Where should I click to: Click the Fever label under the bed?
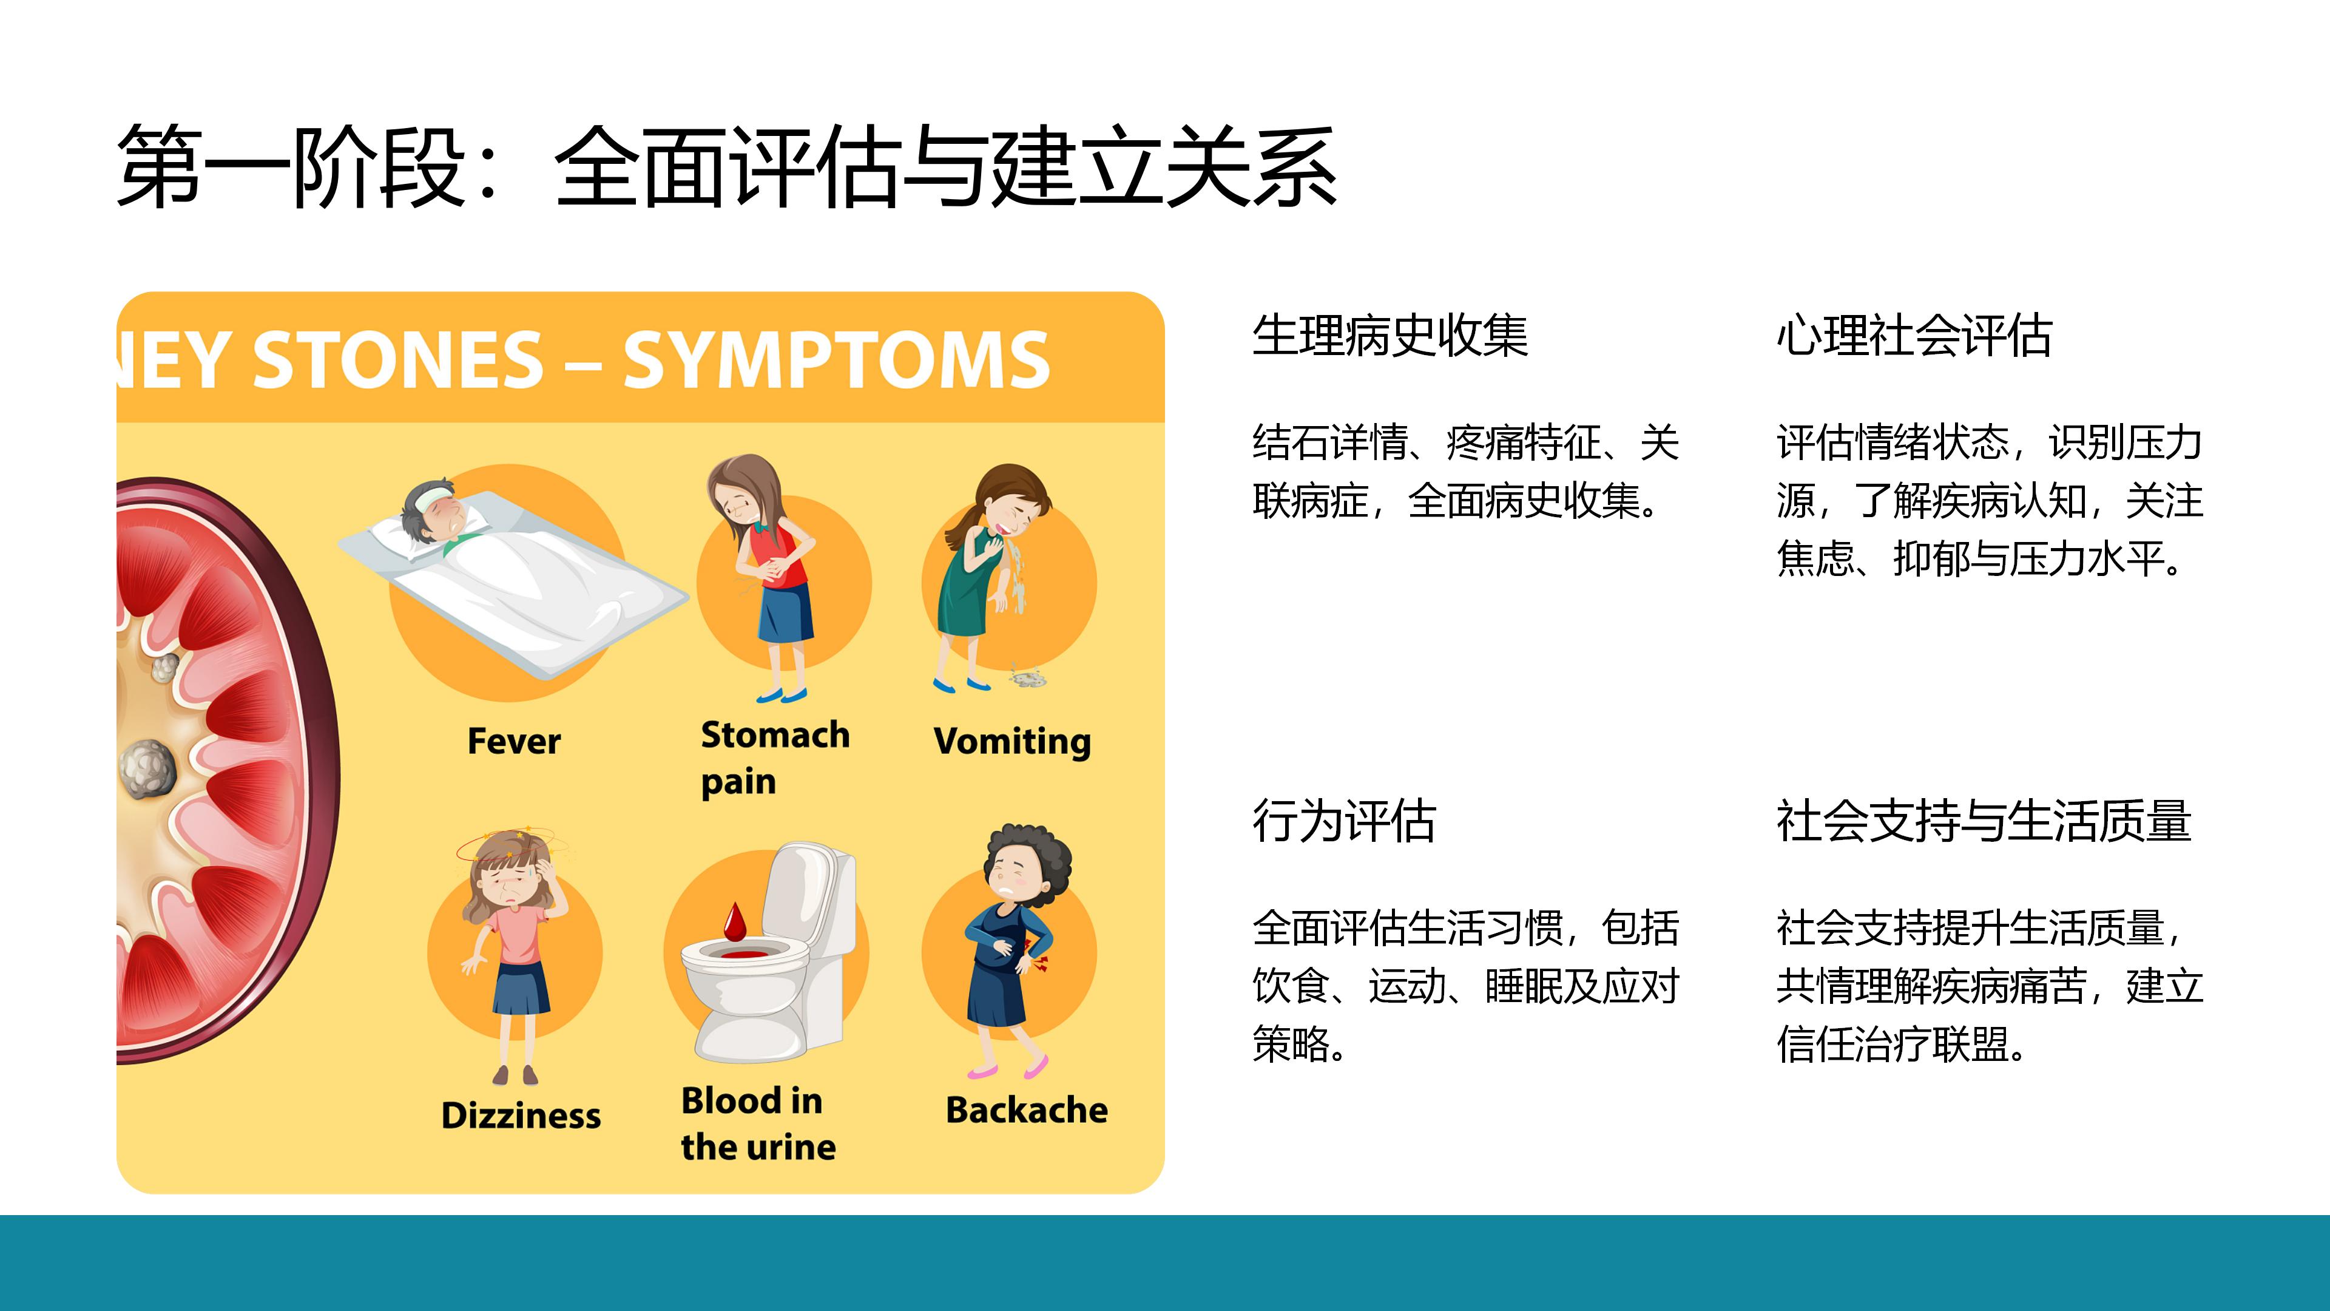514,741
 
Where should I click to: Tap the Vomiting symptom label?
1012,741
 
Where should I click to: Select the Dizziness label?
521,1115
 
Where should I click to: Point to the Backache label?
1027,1109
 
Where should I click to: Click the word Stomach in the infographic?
775,734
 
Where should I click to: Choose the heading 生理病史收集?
1390,335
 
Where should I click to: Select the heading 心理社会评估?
1914,335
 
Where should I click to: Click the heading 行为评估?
1344,821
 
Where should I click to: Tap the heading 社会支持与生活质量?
1984,821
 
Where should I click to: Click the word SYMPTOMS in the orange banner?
837,360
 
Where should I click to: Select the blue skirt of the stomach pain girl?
785,614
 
